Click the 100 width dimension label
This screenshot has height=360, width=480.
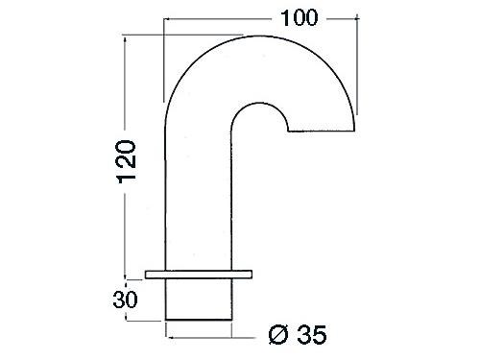[300, 18]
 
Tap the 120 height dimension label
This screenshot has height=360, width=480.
[128, 161]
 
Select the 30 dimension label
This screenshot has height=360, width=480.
[125, 300]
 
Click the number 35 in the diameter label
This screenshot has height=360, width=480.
[312, 335]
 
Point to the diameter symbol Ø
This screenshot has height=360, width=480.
[278, 335]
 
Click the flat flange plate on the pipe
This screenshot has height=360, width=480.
[199, 275]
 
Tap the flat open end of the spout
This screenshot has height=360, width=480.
[322, 131]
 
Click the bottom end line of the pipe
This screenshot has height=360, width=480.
[199, 320]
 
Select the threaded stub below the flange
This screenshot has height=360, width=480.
[199, 299]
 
